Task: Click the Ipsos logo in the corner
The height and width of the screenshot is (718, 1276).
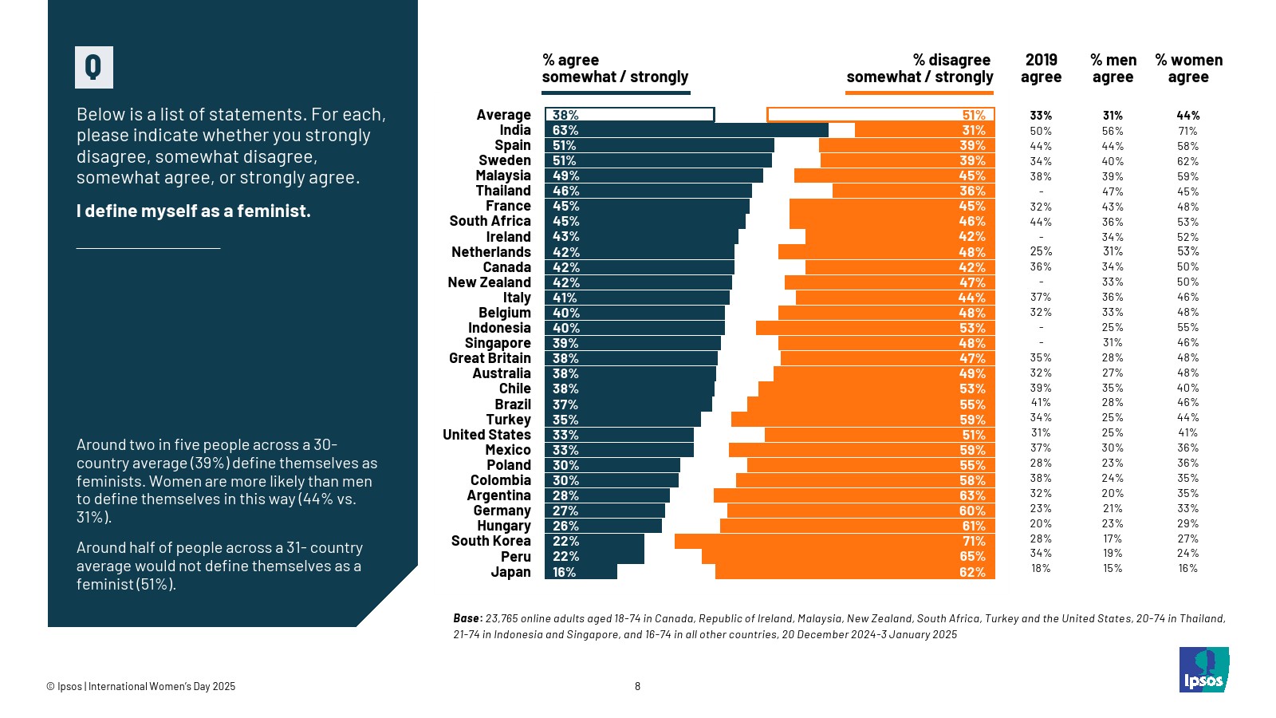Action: click(x=1203, y=670)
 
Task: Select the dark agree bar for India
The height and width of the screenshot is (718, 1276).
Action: click(x=687, y=130)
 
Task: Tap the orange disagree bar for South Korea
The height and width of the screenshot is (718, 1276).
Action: click(x=834, y=541)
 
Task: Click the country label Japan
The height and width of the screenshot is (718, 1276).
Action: click(x=510, y=572)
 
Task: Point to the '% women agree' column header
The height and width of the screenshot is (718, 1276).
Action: click(x=1188, y=69)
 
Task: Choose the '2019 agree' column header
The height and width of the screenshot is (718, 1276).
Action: click(x=1041, y=69)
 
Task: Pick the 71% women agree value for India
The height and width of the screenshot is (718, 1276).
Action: click(x=1187, y=131)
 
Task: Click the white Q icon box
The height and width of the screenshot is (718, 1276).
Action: click(x=94, y=67)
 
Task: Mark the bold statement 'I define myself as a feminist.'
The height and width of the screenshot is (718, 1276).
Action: click(x=194, y=211)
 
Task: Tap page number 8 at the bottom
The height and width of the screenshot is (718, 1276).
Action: click(x=637, y=686)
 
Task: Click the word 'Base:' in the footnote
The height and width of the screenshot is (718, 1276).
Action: click(x=467, y=618)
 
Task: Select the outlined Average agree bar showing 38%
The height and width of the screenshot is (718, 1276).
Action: click(x=629, y=115)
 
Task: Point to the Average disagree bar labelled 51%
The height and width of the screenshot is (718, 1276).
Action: click(x=880, y=115)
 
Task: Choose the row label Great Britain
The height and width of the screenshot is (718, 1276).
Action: click(x=490, y=358)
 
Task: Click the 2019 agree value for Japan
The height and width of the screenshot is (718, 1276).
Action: click(x=1041, y=569)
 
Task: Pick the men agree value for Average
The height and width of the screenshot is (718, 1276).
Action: click(x=1113, y=116)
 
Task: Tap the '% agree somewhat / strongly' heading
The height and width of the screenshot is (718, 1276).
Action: click(x=615, y=69)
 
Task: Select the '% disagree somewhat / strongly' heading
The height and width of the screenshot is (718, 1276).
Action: click(x=920, y=69)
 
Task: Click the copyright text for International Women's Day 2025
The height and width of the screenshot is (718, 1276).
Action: click(x=141, y=686)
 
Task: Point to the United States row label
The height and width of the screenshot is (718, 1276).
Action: click(x=486, y=435)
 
